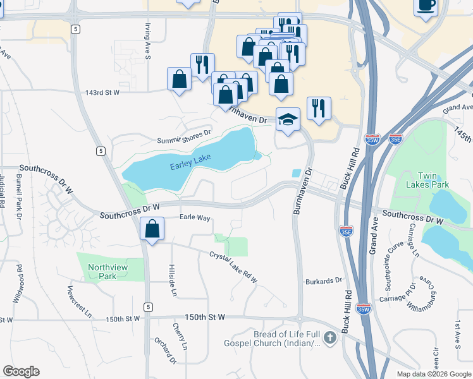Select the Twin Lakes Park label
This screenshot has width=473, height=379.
click(x=433, y=180)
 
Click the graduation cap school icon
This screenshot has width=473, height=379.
click(x=288, y=119)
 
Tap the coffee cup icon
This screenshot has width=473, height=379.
click(x=426, y=6)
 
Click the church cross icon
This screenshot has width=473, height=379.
click(x=329, y=339)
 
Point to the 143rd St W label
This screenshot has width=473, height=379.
click(x=102, y=93)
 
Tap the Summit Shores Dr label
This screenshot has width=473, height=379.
click(x=183, y=137)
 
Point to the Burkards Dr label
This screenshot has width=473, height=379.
click(x=323, y=280)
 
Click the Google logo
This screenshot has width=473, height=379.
click(x=21, y=371)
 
